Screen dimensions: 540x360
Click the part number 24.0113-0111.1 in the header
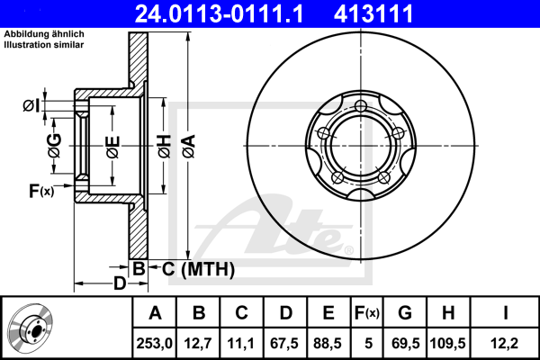pyautogui.click(x=219, y=13)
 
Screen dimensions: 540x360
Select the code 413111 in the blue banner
pyautogui.click(x=373, y=13)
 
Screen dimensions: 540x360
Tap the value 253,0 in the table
pyautogui.click(x=154, y=344)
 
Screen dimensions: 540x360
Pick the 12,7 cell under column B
pyautogui.click(x=198, y=344)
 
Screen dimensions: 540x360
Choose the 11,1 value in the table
pyautogui.click(x=240, y=344)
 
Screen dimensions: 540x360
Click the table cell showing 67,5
pyautogui.click(x=284, y=344)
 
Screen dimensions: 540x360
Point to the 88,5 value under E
pyautogui.click(x=328, y=344)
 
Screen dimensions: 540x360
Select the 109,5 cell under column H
pyautogui.click(x=447, y=344)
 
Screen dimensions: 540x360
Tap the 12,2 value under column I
pyautogui.click(x=504, y=344)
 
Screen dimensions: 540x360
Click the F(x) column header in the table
pyautogui.click(x=367, y=313)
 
